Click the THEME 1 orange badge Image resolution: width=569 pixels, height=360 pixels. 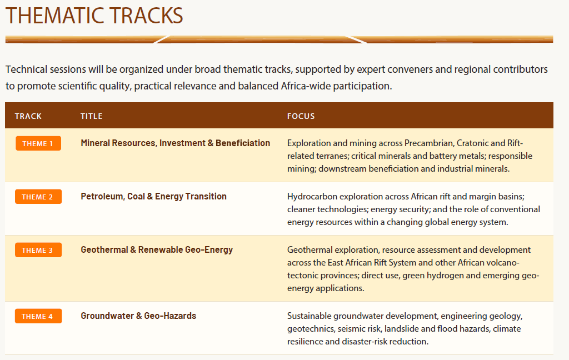pos(38,143)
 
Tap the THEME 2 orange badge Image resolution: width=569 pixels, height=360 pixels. pos(38,197)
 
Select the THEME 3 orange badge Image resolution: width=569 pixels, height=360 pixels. pos(38,250)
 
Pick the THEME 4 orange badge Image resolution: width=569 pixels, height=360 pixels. pos(38,316)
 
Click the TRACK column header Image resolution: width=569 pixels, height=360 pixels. pos(28,116)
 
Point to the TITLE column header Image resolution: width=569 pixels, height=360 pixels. pos(92,116)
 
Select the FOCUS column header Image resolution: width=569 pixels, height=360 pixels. pos(301,116)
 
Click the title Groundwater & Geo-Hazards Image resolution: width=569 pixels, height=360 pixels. pos(138,316)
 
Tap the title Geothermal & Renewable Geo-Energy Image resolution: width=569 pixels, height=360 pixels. pos(157,249)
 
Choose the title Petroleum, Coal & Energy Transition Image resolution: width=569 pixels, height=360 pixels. pos(153,196)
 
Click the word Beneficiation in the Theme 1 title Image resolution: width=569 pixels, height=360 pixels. pos(243,143)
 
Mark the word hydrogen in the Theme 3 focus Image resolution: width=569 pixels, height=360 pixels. pos(445,276)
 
